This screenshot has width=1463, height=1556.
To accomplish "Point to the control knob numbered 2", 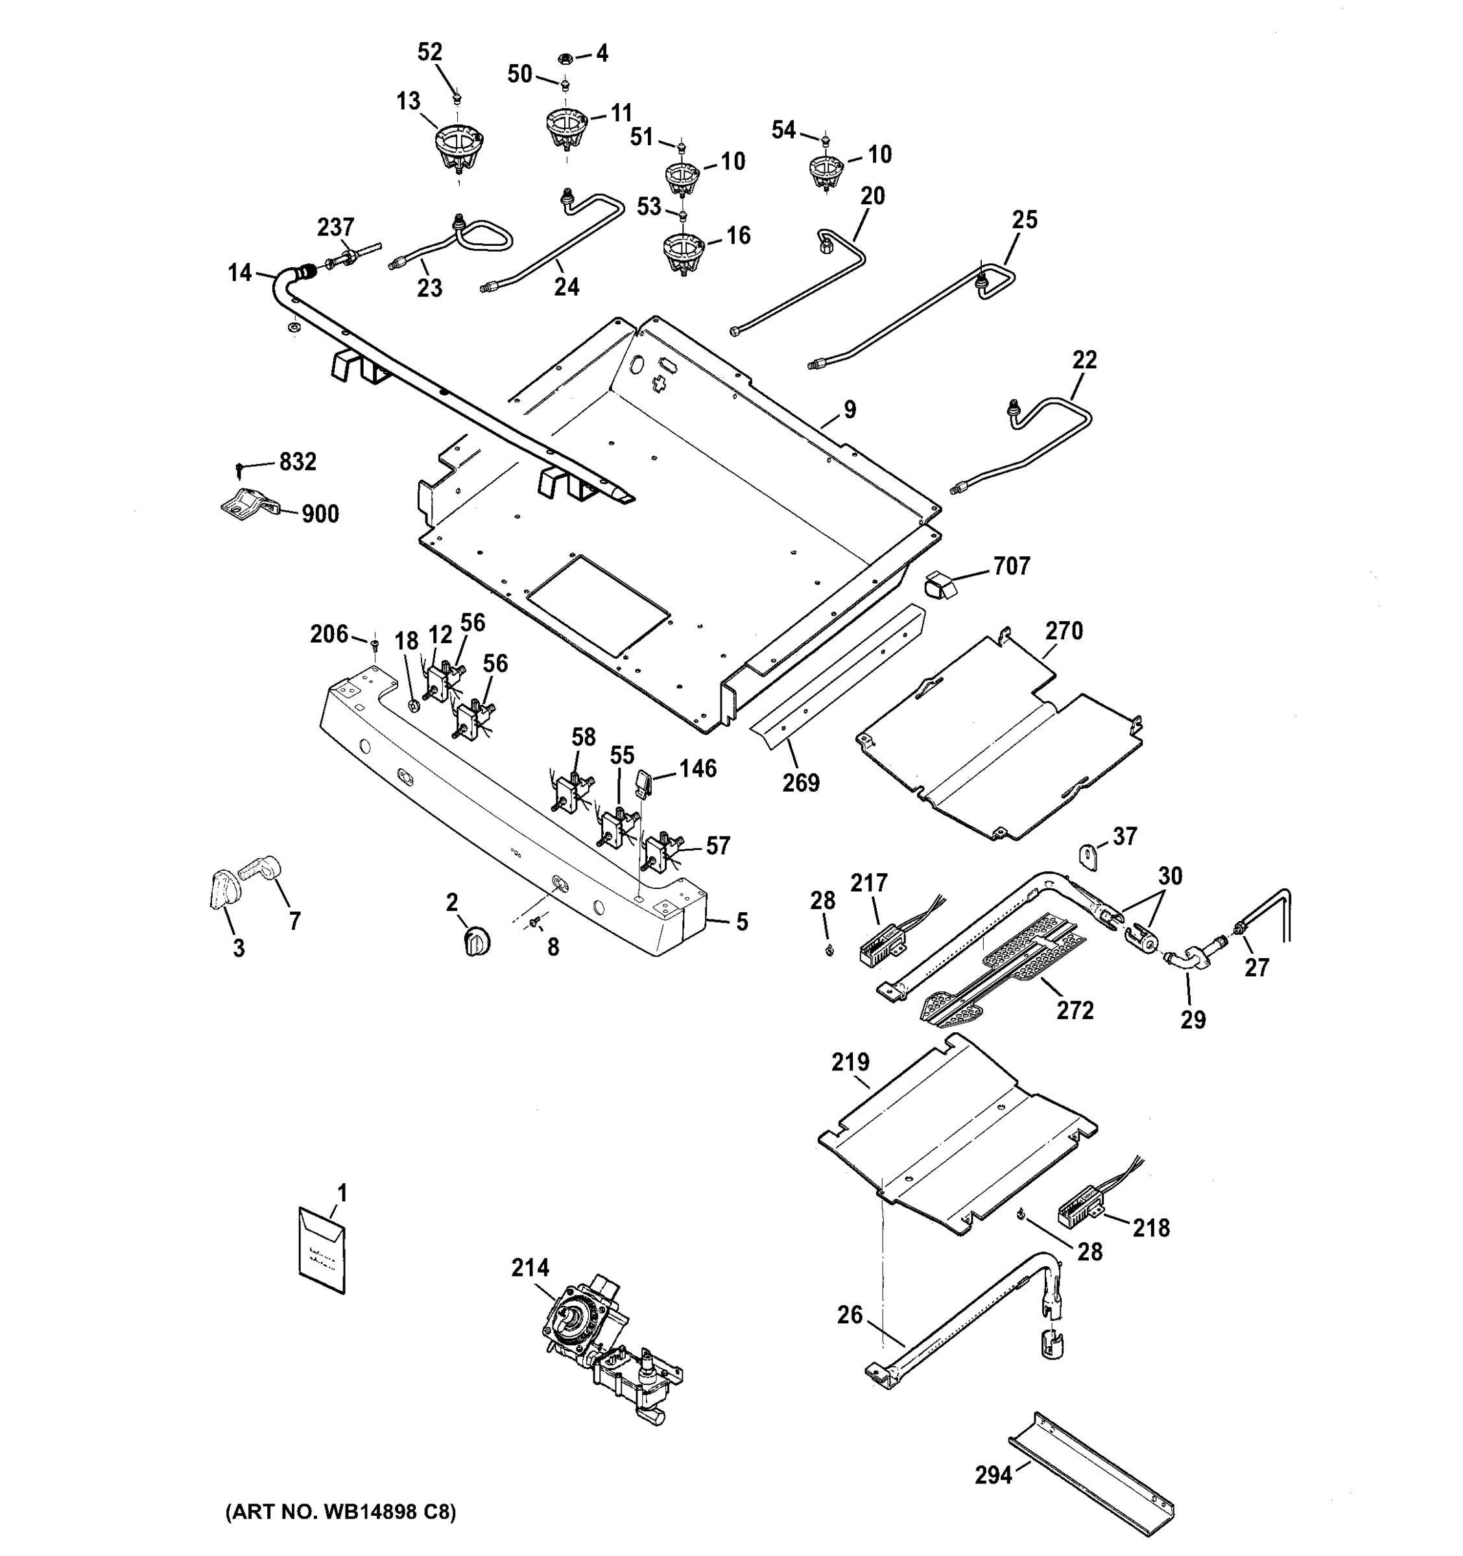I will coord(477,941).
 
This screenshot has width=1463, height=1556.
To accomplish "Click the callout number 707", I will coord(1012,566).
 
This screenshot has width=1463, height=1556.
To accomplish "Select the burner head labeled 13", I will coord(458,148).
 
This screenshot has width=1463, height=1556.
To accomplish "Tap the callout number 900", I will coord(320,514).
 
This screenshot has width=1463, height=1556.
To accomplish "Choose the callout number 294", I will coord(993,1474).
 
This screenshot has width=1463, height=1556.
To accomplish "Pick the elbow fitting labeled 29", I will coord(1187,962).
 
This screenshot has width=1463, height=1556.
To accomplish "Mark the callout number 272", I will coord(1074,1011).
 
